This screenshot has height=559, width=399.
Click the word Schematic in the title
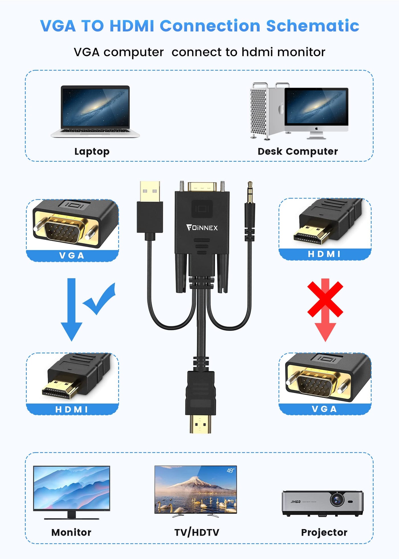point(312,26)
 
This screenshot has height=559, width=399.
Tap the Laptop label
point(92,151)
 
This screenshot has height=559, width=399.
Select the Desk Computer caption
point(298,151)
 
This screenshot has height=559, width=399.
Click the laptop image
point(95,111)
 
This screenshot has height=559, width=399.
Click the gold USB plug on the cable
point(150,191)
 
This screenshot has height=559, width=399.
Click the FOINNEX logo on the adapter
point(202,228)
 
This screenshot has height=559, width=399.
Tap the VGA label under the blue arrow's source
point(72,256)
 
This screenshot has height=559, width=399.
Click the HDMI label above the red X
point(325,254)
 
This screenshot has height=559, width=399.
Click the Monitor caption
point(71,532)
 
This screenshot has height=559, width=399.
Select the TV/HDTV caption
point(197,532)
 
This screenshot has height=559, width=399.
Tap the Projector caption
point(324,532)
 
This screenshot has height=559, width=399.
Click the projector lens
point(337,499)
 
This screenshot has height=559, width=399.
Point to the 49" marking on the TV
point(231,470)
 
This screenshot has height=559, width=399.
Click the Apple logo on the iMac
point(316,129)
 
